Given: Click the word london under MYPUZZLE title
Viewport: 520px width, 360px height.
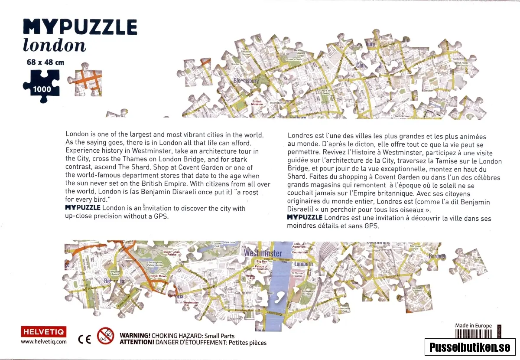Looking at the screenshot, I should (54, 45).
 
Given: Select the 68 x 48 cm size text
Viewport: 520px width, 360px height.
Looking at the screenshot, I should (45, 62).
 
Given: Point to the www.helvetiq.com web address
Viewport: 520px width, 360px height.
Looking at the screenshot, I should (44, 341).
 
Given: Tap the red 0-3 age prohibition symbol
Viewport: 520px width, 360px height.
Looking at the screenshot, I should (105, 336).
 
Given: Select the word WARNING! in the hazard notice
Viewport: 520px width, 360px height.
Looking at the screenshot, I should (135, 336).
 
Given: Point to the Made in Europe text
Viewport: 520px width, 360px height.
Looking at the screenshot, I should (473, 326).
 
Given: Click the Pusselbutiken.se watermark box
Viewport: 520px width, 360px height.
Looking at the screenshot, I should (470, 347).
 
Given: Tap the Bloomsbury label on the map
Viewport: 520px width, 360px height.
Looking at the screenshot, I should (246, 81).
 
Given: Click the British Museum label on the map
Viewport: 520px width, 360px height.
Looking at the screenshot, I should (257, 103).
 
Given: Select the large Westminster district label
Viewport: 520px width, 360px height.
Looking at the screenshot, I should (263, 253).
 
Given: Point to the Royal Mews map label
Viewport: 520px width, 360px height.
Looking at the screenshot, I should (158, 276).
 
